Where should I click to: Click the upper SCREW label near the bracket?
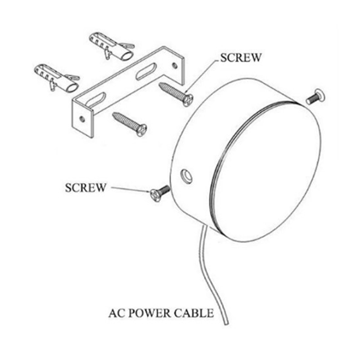[x=241, y=58]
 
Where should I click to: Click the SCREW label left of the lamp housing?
[x=85, y=188]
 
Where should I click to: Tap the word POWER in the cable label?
[x=151, y=313]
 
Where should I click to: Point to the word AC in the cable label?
[x=117, y=313]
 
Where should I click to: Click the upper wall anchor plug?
[x=112, y=46]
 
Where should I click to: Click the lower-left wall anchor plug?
[x=57, y=78]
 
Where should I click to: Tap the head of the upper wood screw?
[x=188, y=100]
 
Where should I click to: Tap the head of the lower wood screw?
[x=142, y=130]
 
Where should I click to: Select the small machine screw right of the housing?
[x=316, y=97]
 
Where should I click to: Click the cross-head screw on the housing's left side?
[x=160, y=193]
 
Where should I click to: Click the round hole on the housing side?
[x=186, y=176]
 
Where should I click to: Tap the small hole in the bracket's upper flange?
[x=175, y=66]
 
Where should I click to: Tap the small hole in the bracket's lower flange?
[x=82, y=119]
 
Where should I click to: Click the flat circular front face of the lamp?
[x=267, y=171]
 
